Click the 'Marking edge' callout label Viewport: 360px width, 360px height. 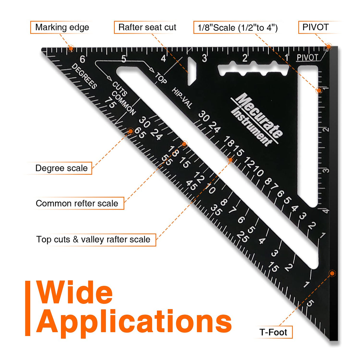(x=62, y=27)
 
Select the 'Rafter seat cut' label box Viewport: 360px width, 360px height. (x=147, y=27)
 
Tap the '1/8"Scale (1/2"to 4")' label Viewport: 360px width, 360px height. (x=238, y=28)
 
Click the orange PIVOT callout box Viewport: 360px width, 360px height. (x=315, y=27)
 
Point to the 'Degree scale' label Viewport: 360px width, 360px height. (x=61, y=168)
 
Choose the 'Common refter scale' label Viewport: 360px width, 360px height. (x=77, y=203)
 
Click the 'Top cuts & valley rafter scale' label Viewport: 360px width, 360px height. (x=93, y=239)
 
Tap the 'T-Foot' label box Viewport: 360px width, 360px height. (x=273, y=332)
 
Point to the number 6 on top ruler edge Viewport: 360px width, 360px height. (x=82, y=59)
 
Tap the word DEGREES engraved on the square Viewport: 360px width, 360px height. (x=84, y=76)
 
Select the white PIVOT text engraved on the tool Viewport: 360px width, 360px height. (x=307, y=58)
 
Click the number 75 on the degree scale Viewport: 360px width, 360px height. (x=110, y=103)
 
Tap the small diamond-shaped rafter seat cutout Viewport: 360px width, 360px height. (x=192, y=71)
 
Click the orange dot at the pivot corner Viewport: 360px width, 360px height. (x=328, y=46)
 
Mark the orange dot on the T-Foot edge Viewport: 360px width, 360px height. (x=332, y=273)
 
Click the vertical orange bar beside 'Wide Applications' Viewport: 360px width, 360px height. (x=28, y=308)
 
